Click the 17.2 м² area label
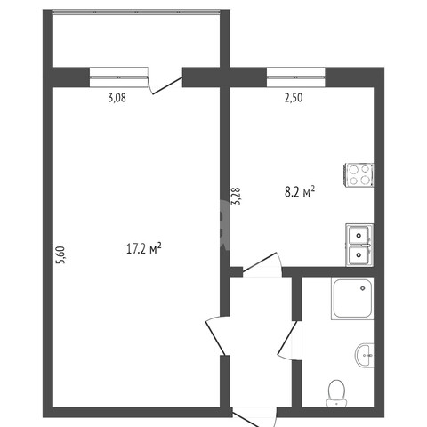144,248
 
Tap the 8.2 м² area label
300,192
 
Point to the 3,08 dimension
117,98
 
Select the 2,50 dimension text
294,98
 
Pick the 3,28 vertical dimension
237,196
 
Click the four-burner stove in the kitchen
359,175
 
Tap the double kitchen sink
359,245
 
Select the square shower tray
352,299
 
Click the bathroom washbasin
365,355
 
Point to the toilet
336,393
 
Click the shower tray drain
362,288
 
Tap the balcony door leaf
167,85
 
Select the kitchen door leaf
260,262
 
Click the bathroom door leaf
287,337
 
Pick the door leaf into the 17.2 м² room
215,338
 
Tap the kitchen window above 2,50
296,77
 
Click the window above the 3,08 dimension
119,77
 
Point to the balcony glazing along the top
136,12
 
